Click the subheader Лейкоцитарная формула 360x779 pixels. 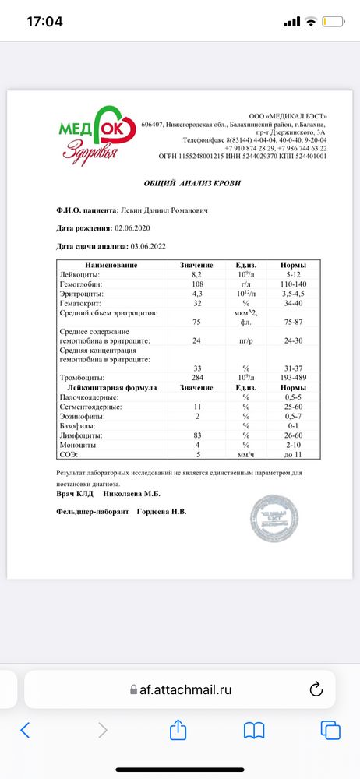(113, 387)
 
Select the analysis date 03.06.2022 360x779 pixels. (153, 245)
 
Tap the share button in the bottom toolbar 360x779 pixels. (178, 730)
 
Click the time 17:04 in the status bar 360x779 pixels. (44, 21)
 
